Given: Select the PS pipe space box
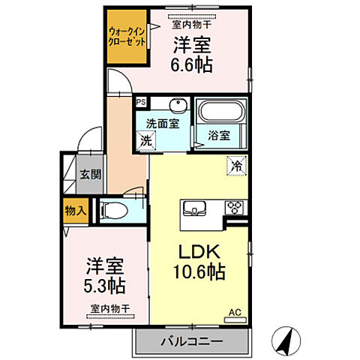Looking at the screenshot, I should tap(141, 100).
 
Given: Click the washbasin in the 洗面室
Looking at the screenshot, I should tap(177, 105).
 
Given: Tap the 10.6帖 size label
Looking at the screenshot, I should tap(198, 271).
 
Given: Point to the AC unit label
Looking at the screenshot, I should tap(235, 309).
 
